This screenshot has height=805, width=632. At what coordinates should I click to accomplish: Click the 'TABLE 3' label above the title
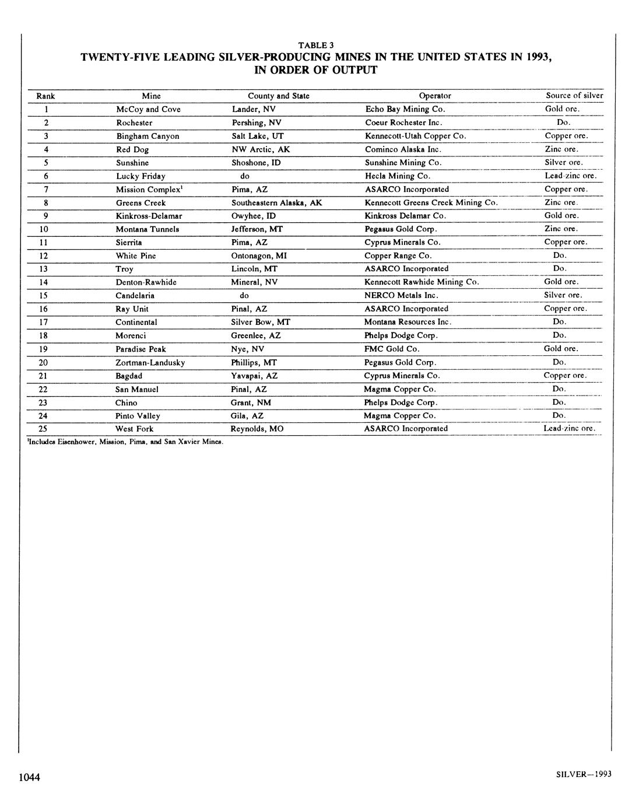316,45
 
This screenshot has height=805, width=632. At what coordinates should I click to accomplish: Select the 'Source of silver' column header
574,95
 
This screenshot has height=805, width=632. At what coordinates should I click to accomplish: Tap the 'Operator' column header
435,96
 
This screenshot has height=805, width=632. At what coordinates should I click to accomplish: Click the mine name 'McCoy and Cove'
148,109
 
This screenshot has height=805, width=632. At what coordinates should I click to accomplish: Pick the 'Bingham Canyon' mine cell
148,136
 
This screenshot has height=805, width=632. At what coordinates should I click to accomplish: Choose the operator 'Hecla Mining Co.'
398,176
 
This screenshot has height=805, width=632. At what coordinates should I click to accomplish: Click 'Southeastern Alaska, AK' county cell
276,202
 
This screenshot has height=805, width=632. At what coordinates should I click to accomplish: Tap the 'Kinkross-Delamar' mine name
149,216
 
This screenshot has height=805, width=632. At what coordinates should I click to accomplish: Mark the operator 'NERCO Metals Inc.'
401,295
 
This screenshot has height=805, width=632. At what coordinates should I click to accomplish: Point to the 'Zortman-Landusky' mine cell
150,362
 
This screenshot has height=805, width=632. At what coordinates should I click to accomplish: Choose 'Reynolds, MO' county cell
257,429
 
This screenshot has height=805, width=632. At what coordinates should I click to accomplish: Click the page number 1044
29,777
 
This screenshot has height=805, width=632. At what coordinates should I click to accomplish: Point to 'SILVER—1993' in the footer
584,774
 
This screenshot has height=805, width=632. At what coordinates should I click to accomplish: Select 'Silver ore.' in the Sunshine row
563,162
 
